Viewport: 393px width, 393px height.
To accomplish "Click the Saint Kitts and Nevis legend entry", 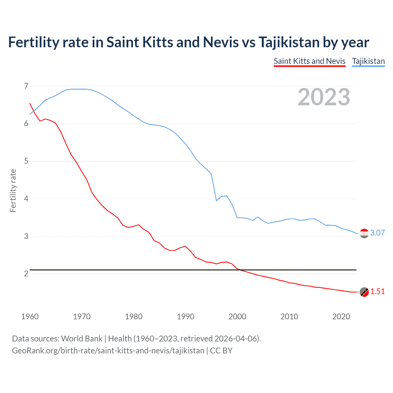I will [309, 61].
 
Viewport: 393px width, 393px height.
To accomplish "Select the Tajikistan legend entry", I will [368, 61].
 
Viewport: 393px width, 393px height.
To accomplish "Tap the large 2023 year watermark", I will [324, 97].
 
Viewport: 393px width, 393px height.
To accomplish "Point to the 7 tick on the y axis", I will [26, 86].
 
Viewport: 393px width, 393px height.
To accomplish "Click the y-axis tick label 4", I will [26, 199].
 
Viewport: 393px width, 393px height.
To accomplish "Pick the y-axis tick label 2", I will [26, 274].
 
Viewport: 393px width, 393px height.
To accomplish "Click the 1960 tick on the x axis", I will [30, 317].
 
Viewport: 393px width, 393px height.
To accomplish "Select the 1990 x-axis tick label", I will [185, 317].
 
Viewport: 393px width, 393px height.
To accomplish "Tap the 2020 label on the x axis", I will [341, 317].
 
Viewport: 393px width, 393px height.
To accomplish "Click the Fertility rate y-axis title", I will [13, 190].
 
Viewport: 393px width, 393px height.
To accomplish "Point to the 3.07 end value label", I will [377, 233].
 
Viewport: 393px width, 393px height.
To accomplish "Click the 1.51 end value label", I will [377, 291].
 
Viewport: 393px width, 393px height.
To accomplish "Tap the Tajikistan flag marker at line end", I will [364, 234].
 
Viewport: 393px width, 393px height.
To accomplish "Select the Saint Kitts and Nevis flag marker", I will [364, 292].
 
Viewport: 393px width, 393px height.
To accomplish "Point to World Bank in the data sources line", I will [82, 338].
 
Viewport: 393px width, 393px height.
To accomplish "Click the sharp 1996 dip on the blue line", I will [216, 200].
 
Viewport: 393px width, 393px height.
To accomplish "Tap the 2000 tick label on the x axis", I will [237, 317].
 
